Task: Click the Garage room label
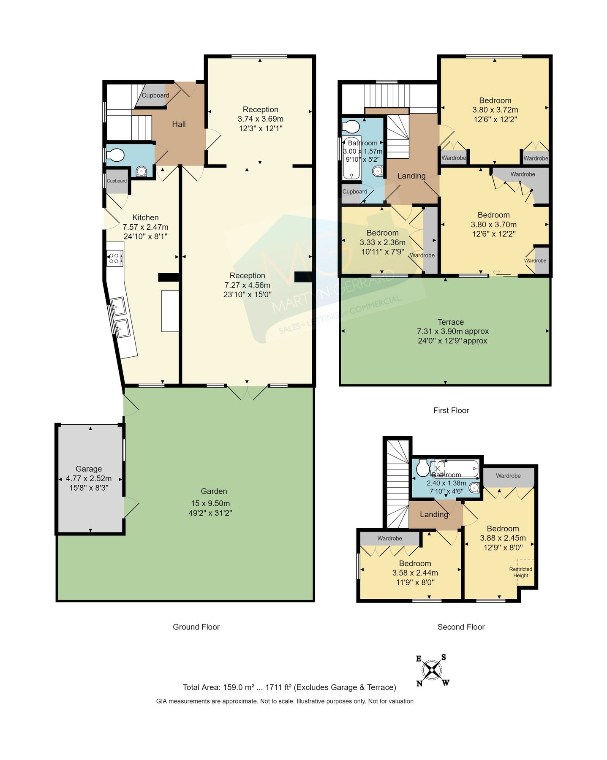89,469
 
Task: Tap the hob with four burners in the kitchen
114,258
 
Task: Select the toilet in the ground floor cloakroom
115,156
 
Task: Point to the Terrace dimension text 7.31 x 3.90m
452,331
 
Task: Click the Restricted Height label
520,572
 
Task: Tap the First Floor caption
451,410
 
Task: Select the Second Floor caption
461,627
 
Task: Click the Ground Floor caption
196,627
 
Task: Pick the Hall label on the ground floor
179,124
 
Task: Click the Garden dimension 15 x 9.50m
210,503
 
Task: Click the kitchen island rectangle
170,311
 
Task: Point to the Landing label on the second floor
434,514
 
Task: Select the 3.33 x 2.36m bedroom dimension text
382,242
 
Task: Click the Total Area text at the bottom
289,687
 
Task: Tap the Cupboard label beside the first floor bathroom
355,192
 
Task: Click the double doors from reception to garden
248,392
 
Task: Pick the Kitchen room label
145,217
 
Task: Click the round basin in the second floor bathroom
474,488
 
